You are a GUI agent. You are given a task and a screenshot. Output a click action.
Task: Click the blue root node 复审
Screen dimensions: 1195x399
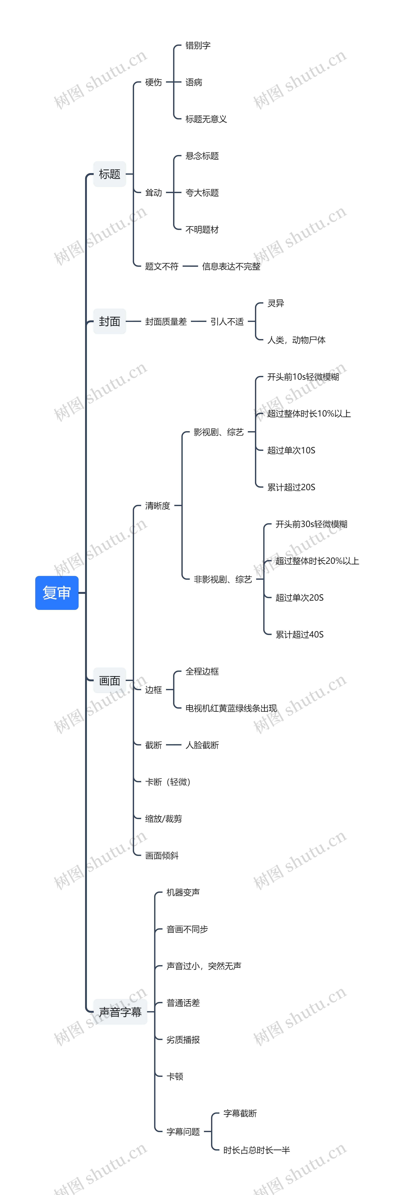[57, 592]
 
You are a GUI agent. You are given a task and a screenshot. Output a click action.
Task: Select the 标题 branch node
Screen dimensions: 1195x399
[109, 174]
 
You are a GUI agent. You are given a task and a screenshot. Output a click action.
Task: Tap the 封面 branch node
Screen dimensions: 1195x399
[109, 321]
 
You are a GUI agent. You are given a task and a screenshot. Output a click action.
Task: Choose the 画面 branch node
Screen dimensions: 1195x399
[109, 680]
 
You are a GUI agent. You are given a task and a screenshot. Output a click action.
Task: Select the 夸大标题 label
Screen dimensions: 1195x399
[202, 192]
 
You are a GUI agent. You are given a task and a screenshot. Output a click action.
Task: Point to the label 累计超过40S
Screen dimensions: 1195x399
[299, 634]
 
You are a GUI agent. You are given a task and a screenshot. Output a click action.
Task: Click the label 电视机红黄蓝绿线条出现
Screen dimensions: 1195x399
[231, 708]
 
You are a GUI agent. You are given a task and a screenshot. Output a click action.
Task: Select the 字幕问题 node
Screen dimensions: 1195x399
[183, 1131]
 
